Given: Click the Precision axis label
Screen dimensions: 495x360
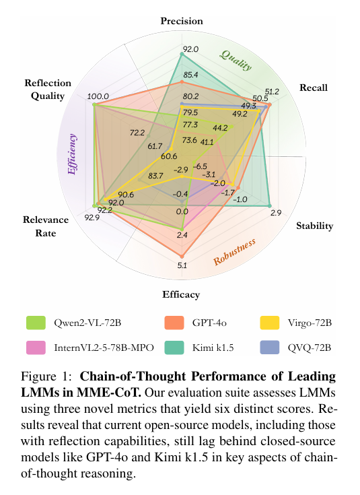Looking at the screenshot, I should click(182, 22).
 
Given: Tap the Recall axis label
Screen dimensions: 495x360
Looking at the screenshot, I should click(313, 88).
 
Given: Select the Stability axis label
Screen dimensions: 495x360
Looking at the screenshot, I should click(314, 226).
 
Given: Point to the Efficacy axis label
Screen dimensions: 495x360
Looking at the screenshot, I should click(180, 294).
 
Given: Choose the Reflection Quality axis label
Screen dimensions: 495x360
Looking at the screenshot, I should click(48, 89).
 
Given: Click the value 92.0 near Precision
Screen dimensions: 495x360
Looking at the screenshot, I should click(191, 49).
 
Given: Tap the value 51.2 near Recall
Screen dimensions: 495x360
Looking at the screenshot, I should click(271, 91).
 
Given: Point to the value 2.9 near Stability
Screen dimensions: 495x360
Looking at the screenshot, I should click(276, 213).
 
